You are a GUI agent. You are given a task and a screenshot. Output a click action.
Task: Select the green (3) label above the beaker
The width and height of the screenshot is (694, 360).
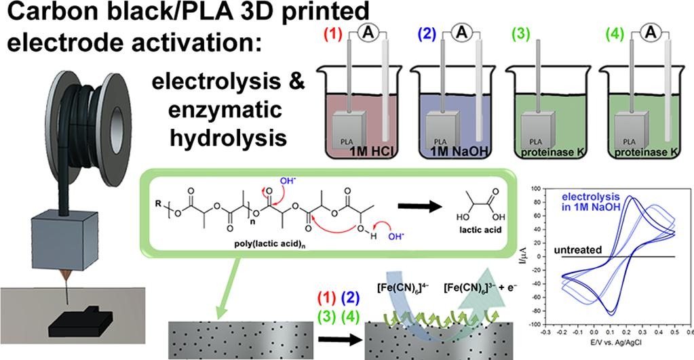click(x=526, y=33)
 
